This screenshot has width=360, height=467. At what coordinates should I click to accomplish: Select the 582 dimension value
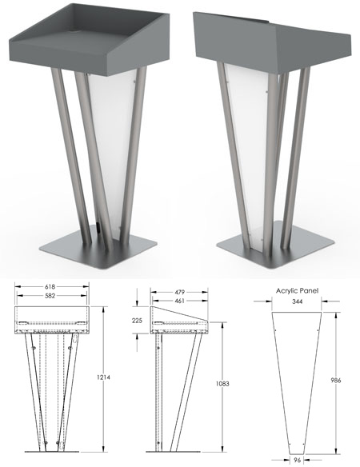[50, 297]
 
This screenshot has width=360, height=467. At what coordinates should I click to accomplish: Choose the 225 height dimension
[137, 321]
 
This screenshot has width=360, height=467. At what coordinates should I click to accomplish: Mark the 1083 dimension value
[222, 384]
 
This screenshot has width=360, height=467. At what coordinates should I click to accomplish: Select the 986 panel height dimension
[336, 380]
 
